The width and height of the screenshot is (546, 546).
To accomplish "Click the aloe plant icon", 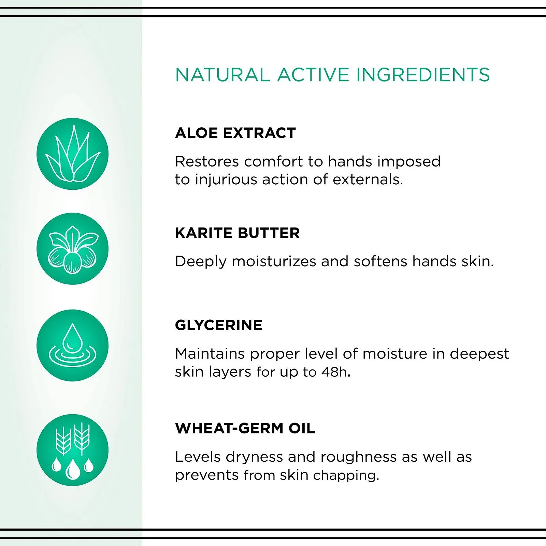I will coord(72,154).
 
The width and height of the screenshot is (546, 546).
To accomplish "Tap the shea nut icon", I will coord(72,249).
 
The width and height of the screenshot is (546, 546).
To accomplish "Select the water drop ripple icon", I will coord(72,345).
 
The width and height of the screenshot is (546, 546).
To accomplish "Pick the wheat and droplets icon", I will coord(72,450).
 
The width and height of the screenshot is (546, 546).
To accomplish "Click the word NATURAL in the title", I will coord(222,75).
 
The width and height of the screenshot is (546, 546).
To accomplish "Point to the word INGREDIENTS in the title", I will coord(423,75).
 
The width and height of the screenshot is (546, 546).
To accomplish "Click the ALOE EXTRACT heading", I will coord(235,133).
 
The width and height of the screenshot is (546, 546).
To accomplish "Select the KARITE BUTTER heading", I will coord(237,233).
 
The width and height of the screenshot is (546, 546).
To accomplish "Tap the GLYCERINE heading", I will coord(218,325).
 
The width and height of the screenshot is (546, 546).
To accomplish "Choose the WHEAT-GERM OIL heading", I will coord(245,429).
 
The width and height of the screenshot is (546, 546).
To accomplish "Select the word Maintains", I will coord(210,354).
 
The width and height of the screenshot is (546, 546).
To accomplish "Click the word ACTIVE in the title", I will coord(313,75).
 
